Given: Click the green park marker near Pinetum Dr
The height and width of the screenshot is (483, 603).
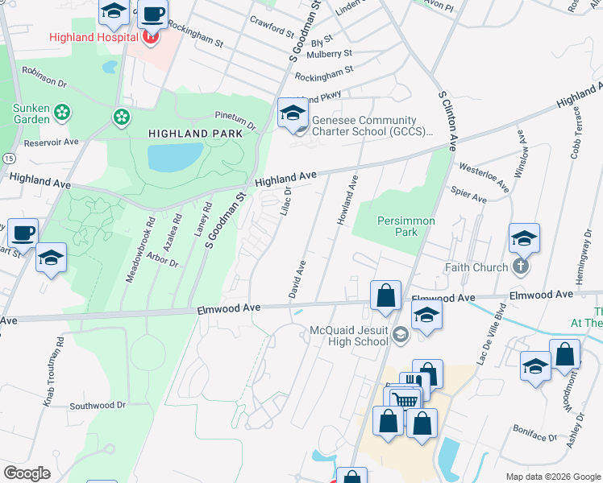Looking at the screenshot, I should click(122, 118).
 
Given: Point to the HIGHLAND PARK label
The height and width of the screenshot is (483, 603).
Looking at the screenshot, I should click(195, 133).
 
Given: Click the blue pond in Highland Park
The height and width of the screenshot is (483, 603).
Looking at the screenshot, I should click(174, 156).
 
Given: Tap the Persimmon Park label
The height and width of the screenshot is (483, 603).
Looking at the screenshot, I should click(406, 226).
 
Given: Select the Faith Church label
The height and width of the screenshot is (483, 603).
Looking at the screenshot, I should click(476, 267).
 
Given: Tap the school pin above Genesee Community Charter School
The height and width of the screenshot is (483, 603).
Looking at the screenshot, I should click(293, 112).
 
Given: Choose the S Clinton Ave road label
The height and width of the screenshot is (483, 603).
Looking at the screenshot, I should click(448, 121).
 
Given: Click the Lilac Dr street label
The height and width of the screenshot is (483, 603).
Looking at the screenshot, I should click(285, 200).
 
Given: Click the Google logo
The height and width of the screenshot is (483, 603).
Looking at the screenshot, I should click(27, 473).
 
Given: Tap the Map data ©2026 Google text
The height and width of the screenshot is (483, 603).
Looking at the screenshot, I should click(552, 477).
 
